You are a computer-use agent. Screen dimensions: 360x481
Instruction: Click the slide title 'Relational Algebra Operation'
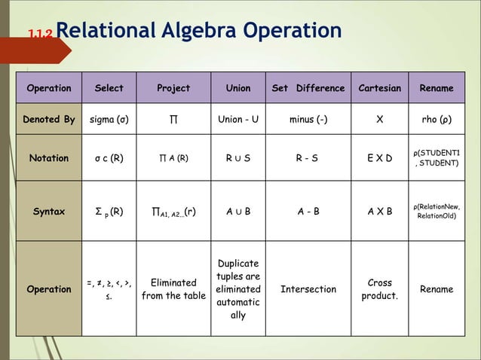click(x=198, y=31)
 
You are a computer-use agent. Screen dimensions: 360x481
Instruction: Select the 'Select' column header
click(x=109, y=88)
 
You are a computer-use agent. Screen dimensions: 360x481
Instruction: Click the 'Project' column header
click(x=173, y=88)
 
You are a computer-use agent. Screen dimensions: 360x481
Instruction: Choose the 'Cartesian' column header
click(x=379, y=88)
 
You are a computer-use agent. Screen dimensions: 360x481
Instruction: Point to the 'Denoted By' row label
click(x=49, y=119)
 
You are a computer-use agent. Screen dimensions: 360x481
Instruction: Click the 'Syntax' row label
click(x=49, y=211)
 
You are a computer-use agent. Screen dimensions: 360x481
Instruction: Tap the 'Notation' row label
click(x=49, y=158)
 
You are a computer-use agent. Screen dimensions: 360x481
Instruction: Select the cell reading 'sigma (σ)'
click(x=109, y=119)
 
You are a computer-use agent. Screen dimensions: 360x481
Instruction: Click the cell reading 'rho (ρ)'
click(x=437, y=119)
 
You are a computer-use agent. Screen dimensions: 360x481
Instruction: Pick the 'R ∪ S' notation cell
click(x=238, y=158)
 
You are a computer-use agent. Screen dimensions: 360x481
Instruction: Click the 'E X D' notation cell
click(x=379, y=158)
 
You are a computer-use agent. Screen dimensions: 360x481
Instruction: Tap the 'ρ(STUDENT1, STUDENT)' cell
click(x=437, y=158)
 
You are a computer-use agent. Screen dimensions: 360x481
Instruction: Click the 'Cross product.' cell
click(x=379, y=289)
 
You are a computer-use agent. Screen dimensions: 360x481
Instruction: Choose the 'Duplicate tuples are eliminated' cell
click(x=238, y=289)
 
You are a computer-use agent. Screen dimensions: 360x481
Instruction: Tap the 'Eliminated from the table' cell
click(x=173, y=289)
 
